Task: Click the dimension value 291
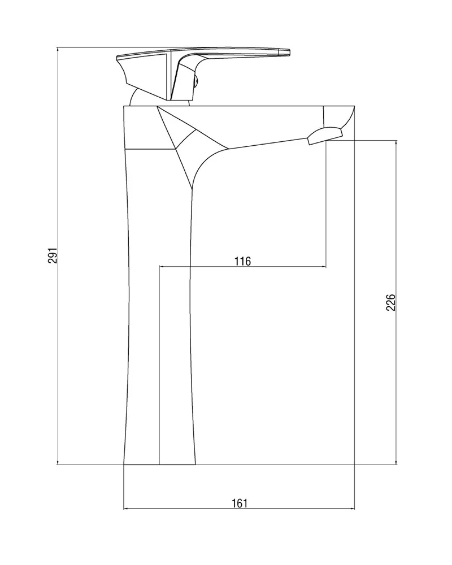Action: (x=53, y=255)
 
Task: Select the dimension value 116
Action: (x=242, y=261)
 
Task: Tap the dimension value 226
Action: (x=391, y=302)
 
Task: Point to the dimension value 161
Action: (x=240, y=503)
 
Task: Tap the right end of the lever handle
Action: (x=289, y=52)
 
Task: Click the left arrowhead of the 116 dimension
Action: (x=162, y=267)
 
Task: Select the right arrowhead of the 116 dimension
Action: (x=324, y=267)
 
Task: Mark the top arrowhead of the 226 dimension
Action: (x=397, y=143)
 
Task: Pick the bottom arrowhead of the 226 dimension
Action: (x=397, y=462)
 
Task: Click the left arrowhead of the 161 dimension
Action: (x=126, y=509)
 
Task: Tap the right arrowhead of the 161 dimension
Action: (x=352, y=509)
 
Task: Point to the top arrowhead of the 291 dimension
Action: (x=58, y=49)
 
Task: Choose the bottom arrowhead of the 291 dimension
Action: (x=58, y=462)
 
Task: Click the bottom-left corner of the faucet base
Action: (x=124, y=464)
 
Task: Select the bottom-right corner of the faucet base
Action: (x=195, y=464)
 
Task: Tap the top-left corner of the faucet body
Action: (x=124, y=106)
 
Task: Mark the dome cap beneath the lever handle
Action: (x=137, y=97)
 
